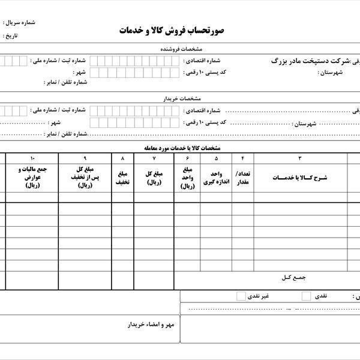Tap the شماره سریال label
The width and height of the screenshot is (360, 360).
coord(20,23)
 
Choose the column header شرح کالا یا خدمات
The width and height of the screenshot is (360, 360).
coord(300,178)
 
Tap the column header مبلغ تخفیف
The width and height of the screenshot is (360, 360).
coord(122,178)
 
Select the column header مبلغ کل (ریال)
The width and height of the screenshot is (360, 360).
coord(154,178)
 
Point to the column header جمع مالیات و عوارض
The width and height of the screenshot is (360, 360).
coord(32,178)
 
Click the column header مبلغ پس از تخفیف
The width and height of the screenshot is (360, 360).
coord(85,178)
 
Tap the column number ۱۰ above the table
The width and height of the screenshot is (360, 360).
coord(32,158)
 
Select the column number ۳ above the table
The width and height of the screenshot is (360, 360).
coord(300,158)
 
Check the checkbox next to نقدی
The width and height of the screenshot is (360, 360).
coord(307,296)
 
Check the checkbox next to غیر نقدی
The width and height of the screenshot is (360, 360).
coord(241,296)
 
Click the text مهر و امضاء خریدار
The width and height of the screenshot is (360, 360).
coord(150,325)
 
